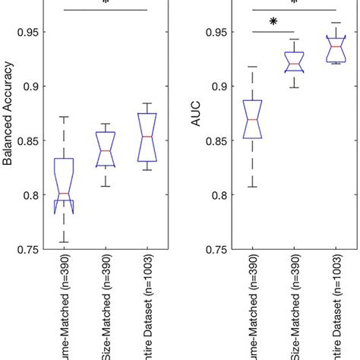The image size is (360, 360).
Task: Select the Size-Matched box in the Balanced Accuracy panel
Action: tap(106, 149)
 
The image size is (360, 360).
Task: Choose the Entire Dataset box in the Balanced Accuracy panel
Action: tap(147, 137)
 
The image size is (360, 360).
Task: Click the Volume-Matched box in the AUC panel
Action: tap(253, 119)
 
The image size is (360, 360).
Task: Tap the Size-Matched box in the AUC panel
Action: tap(294, 62)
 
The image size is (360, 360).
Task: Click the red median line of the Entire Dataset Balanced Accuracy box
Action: tap(147, 137)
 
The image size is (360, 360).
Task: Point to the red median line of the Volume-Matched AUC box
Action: tap(253, 120)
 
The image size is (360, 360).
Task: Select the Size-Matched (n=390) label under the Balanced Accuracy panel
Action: tap(106, 311)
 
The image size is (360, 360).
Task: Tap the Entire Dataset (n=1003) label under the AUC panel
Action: tap(335, 311)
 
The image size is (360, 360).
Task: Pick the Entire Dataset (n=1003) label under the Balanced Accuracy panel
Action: tap(147, 311)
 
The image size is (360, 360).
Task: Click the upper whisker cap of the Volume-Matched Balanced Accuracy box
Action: tap(65, 117)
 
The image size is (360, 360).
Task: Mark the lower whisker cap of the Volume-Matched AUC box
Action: tap(253, 187)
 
